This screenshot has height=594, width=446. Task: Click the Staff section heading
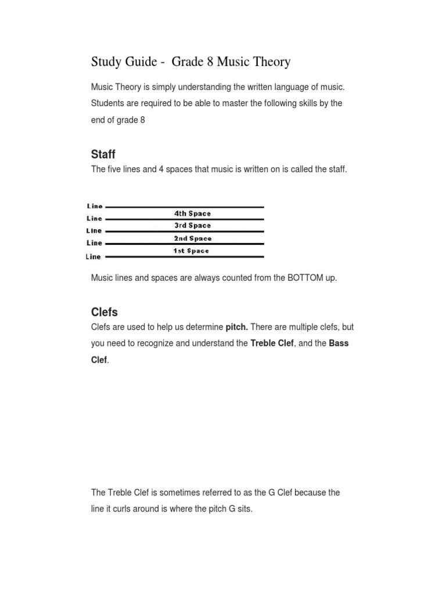pyautogui.click(x=103, y=154)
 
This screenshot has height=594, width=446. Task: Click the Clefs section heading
pyautogui.click(x=105, y=312)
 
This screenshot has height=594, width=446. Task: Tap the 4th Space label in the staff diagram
pyautogui.click(x=192, y=213)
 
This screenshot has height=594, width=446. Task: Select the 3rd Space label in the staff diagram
pyautogui.click(x=192, y=226)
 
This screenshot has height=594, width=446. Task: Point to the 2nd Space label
pyautogui.click(x=193, y=238)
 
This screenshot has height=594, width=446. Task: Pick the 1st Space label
pyautogui.click(x=191, y=251)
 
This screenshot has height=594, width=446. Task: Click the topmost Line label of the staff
pyautogui.click(x=95, y=206)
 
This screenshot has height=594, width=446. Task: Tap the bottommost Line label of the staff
pyautogui.click(x=93, y=256)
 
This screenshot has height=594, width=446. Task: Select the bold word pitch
pyautogui.click(x=237, y=327)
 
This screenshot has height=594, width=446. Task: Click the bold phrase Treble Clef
pyautogui.click(x=272, y=343)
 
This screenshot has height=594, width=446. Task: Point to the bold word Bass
pyautogui.click(x=339, y=343)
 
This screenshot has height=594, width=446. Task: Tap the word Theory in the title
pyautogui.click(x=272, y=61)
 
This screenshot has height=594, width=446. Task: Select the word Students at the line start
pyautogui.click(x=107, y=103)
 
